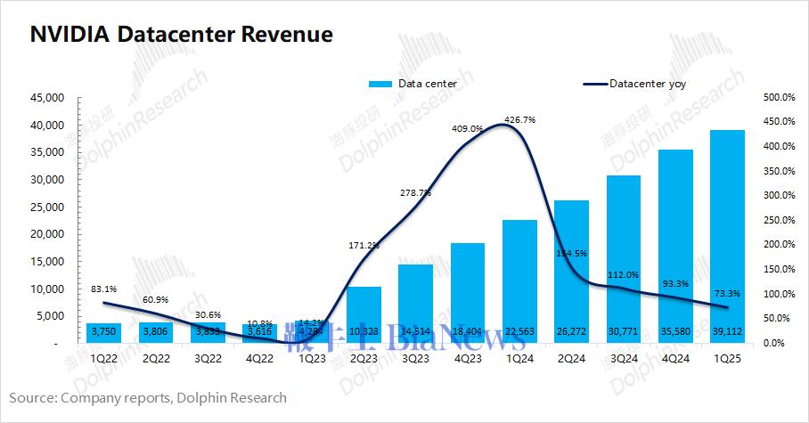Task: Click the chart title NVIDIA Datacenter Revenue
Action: [x=182, y=35]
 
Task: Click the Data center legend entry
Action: [x=406, y=84]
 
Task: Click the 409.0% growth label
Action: [x=467, y=128]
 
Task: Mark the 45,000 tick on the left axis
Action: [x=45, y=97]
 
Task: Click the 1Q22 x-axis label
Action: [x=103, y=358]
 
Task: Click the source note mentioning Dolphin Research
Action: [x=148, y=397]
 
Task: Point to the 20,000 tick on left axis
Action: [x=45, y=234]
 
